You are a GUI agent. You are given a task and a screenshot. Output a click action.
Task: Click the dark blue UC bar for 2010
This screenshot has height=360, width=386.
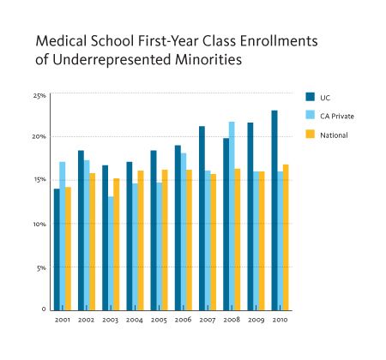tap(274, 211)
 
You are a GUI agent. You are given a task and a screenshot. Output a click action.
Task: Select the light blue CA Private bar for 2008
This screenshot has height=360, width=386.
tap(232, 216)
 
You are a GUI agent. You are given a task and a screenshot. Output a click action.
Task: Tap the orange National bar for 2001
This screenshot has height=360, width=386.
tap(68, 249)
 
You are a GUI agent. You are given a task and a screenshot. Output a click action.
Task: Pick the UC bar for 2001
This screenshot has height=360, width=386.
tap(57, 249)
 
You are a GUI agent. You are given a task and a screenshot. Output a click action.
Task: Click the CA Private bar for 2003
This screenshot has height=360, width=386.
tap(111, 254)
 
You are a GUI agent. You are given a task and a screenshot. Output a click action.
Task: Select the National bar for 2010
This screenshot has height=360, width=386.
tap(286, 237)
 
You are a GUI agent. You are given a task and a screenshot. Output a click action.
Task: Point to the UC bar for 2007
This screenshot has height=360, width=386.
tap(202, 219)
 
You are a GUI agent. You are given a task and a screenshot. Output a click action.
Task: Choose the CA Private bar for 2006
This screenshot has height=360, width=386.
tap(184, 232)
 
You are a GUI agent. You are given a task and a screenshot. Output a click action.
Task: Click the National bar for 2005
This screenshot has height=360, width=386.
tap(165, 240)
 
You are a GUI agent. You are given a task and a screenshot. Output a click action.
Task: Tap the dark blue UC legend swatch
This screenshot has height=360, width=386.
tap(310, 97)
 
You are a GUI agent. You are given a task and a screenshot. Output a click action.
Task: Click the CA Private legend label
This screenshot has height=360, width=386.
tap(337, 117)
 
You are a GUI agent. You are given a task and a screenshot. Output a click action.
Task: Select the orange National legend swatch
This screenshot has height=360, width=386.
tap(310, 135)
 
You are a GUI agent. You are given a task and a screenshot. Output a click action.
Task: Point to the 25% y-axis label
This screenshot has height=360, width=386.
tap(39, 96)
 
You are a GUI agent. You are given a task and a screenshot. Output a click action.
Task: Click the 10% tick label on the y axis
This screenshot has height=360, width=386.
tap(39, 225)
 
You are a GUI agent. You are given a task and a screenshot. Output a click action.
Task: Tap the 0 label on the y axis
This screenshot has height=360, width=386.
tap(44, 309)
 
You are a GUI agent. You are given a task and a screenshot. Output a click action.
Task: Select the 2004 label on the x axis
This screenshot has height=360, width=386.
tap(135, 320)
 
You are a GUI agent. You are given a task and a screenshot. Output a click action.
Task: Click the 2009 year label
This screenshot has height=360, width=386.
tap(256, 320)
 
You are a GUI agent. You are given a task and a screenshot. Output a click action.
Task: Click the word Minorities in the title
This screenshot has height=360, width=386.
tap(208, 60)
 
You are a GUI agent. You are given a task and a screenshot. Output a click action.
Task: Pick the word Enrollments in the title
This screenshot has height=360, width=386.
tap(279, 41)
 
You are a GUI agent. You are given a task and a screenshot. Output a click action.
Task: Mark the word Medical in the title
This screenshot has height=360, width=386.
tap(61, 41)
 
